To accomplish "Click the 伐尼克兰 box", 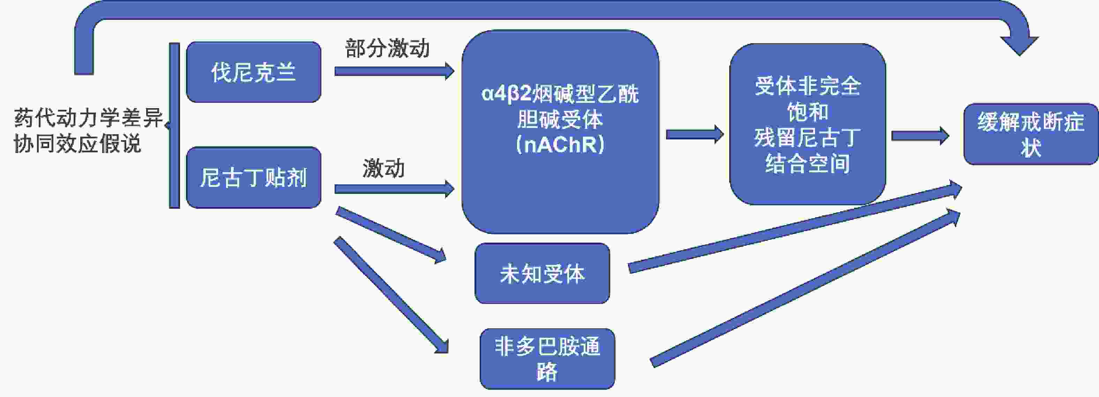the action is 253,72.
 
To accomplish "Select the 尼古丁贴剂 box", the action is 253,177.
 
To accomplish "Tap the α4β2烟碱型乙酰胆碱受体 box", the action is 560,132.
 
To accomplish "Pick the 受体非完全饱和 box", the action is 808,124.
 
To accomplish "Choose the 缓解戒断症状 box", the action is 1031,134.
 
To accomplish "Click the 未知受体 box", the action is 542,273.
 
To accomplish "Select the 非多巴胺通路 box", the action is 547,359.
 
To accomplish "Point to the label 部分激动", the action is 387,48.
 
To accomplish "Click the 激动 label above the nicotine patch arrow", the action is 383,168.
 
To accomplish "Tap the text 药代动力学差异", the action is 89,118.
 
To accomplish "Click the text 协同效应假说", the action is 77,143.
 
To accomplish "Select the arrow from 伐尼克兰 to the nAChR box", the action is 394,71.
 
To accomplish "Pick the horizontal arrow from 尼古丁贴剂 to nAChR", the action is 394,189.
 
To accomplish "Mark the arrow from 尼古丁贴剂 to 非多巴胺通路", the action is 391,295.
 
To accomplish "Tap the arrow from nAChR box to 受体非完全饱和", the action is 695,134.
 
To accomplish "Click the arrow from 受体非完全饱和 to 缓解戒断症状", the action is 920,136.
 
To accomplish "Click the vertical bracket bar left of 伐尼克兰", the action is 174,125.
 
